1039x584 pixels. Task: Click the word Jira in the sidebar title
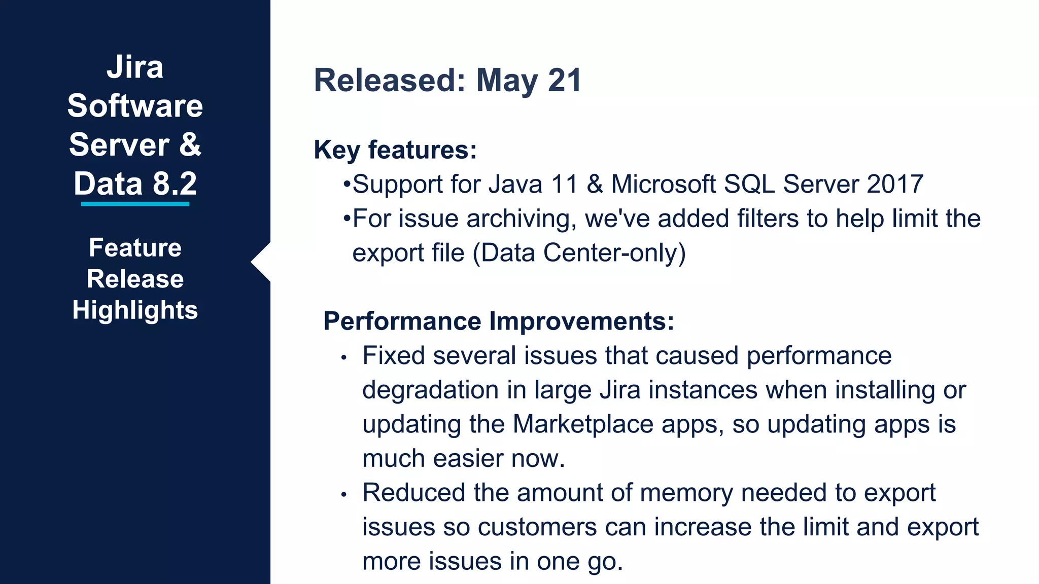[x=135, y=67]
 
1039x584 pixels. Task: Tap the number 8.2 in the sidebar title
[x=175, y=184]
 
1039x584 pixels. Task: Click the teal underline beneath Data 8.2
[x=135, y=204]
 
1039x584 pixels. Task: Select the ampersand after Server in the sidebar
[x=190, y=144]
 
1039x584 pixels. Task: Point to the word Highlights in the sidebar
[x=135, y=310]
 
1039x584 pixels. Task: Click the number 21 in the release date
[x=564, y=81]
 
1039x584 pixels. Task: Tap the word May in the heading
[x=507, y=81]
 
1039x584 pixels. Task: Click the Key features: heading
[x=395, y=150]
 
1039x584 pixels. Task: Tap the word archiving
[x=521, y=219]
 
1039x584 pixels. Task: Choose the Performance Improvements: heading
[x=499, y=321]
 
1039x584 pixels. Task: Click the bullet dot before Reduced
[x=344, y=494]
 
